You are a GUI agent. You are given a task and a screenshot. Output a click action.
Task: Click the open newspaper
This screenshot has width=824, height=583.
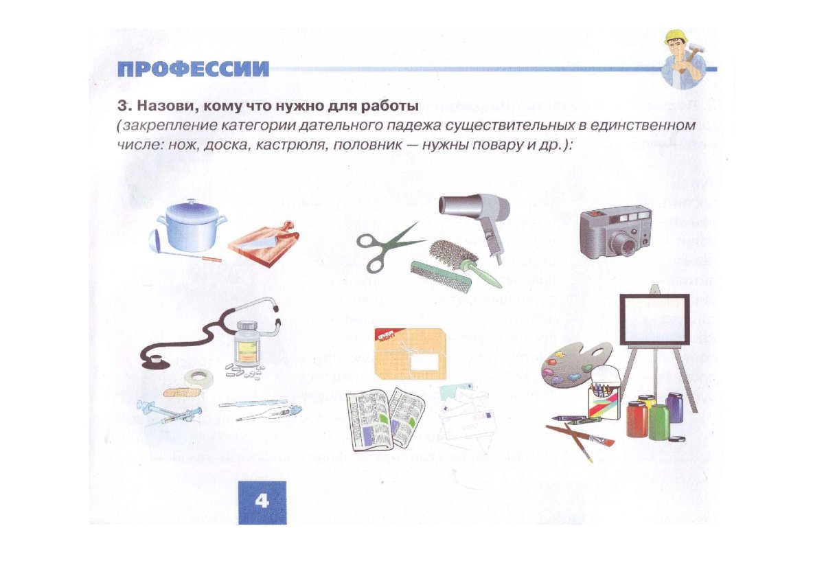(385, 420)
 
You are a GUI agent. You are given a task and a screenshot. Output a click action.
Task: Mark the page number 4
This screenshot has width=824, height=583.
(262, 501)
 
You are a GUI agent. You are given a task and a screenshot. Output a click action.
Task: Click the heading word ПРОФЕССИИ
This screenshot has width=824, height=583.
(192, 70)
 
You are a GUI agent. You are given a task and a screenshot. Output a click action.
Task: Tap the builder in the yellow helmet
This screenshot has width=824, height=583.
(683, 60)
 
